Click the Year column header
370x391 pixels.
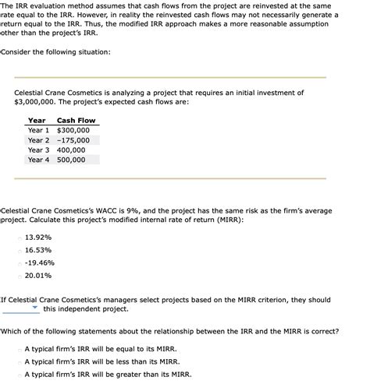(37, 121)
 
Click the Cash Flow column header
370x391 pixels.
(76, 121)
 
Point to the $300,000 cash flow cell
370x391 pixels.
(73, 130)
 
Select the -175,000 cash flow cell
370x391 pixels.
(73, 140)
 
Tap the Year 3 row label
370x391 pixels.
(38, 150)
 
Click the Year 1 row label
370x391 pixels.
(38, 130)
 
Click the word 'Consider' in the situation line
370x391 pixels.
(20, 52)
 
